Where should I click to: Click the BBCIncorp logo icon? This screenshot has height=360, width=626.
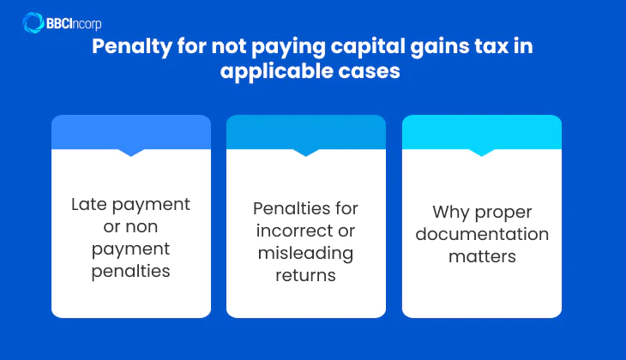point(33,22)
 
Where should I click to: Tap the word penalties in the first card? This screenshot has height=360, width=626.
point(131,272)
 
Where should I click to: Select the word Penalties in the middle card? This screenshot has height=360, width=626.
point(306,209)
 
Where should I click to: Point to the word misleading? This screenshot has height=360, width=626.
point(306,254)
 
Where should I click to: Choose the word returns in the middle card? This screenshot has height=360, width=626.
point(306,276)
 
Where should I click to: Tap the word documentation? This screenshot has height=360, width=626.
point(482,234)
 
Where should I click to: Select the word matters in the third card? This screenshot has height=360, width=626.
point(482,256)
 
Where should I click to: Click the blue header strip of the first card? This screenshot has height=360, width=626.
point(131,132)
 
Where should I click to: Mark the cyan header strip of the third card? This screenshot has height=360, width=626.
point(482,132)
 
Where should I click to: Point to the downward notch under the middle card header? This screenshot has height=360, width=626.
point(306,153)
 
